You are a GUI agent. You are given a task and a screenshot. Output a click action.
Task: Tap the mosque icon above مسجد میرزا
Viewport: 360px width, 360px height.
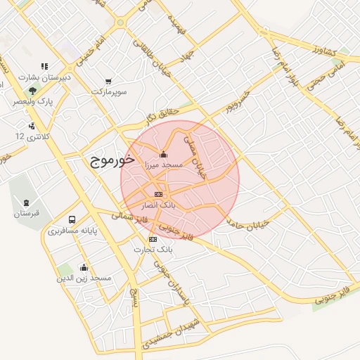click(164, 154)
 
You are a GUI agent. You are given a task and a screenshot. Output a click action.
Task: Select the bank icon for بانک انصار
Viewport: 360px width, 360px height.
click(158, 194)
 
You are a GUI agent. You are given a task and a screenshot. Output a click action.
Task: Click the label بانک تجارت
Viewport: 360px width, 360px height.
click(154, 250)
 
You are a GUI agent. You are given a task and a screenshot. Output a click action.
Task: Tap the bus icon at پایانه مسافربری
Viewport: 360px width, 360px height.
click(72, 220)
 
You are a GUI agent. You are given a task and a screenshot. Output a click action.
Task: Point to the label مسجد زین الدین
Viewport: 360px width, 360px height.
click(84, 278)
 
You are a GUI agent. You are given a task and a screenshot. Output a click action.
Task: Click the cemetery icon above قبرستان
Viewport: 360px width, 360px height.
click(27, 202)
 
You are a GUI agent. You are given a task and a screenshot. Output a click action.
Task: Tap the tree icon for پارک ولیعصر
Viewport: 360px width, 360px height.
click(32, 91)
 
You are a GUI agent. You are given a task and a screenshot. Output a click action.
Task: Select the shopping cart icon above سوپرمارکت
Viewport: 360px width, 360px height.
click(108, 82)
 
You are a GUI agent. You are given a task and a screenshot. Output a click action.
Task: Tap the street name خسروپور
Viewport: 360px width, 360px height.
click(239, 102)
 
